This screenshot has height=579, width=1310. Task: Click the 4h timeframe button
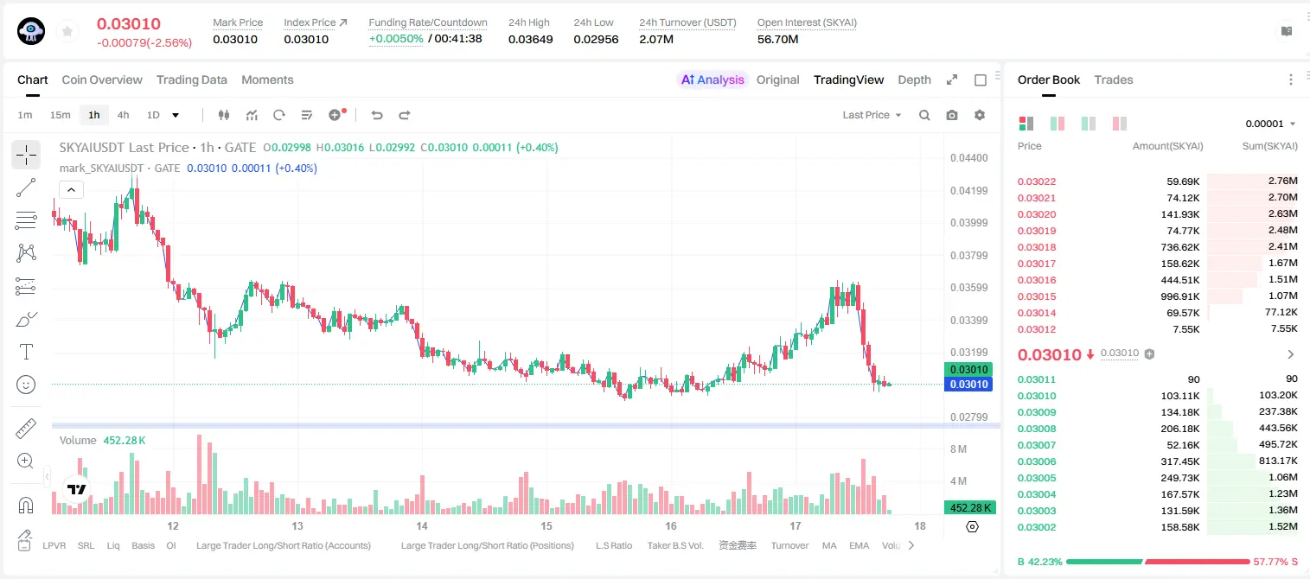pos(123,115)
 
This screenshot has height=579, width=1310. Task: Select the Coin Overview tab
pos(102,80)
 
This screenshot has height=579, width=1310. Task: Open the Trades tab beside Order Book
pos(1114,80)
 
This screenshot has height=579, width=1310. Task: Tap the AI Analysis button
pos(713,80)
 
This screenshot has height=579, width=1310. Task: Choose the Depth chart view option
pos(914,80)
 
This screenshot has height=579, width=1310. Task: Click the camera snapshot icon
pos(952,115)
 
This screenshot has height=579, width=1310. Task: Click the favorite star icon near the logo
pos(67,31)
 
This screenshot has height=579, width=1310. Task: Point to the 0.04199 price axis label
pos(969,190)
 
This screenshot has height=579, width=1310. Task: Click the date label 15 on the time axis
pos(546,525)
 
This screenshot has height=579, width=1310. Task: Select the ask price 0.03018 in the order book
pos(1036,247)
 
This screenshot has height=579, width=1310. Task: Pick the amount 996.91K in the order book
pos(1179,296)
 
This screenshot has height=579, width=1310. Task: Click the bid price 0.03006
pos(1036,461)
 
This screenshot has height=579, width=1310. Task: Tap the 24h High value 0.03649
pos(530,39)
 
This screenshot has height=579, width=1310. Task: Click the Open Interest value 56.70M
pos(778,39)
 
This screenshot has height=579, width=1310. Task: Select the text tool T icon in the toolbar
pos(26,352)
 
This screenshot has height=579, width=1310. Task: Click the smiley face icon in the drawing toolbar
pos(26,385)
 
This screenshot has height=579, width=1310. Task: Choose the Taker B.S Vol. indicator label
pos(674,545)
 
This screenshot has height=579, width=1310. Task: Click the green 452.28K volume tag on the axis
pos(970,508)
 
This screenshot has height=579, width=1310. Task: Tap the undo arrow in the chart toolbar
pos(377,115)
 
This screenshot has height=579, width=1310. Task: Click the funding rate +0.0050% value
pos(396,39)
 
